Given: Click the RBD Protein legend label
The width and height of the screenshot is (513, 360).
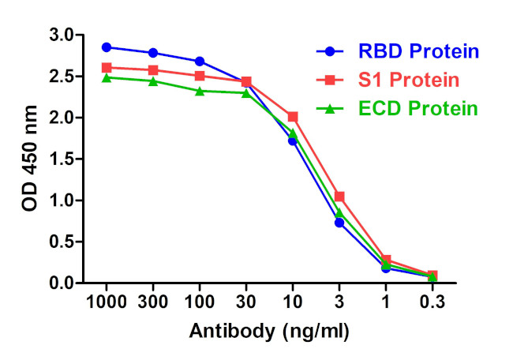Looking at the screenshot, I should click(x=418, y=52).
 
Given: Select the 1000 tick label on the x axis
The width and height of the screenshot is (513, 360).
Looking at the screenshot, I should click(x=107, y=303).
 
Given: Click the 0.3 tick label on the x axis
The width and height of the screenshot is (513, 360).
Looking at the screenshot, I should click(x=432, y=303).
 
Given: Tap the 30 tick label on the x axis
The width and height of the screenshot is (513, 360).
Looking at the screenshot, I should click(x=246, y=303).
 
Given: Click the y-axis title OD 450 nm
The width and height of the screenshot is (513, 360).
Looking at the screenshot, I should click(x=29, y=159).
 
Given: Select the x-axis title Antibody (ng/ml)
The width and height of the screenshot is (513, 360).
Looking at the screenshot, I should click(x=268, y=331).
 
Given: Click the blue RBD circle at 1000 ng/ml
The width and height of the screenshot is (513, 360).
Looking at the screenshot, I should click(x=107, y=47).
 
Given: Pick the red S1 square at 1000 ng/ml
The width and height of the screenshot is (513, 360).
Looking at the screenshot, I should click(x=107, y=68).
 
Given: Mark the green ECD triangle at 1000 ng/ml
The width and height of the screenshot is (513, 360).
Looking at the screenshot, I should click(x=107, y=77).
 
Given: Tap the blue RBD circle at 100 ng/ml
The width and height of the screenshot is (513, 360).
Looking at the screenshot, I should click(x=200, y=62).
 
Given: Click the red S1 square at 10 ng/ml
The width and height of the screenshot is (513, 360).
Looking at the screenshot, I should click(x=293, y=117).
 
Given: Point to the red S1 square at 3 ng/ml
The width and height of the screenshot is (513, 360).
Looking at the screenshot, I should click(x=339, y=197).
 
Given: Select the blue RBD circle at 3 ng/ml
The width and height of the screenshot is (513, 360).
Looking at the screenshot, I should click(x=339, y=223).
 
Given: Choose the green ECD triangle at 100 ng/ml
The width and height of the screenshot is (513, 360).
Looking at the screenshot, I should click(x=200, y=91).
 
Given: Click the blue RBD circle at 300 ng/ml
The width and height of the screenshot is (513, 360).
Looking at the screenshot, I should click(x=153, y=53).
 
